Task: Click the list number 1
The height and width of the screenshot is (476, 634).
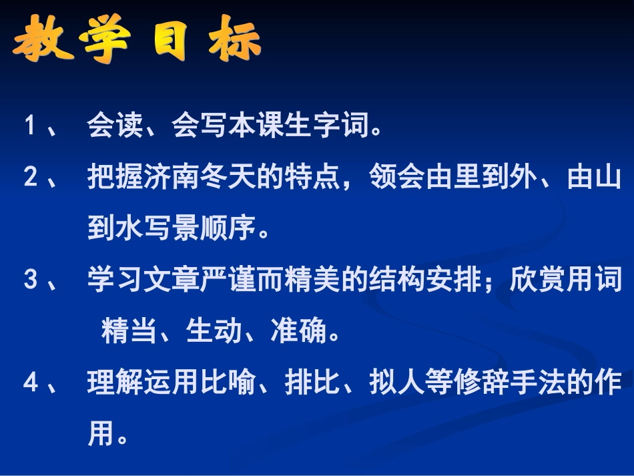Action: [x=30, y=126]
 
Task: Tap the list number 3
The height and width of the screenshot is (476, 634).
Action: [x=30, y=280]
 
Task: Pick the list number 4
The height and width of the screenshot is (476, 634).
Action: [x=30, y=383]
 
